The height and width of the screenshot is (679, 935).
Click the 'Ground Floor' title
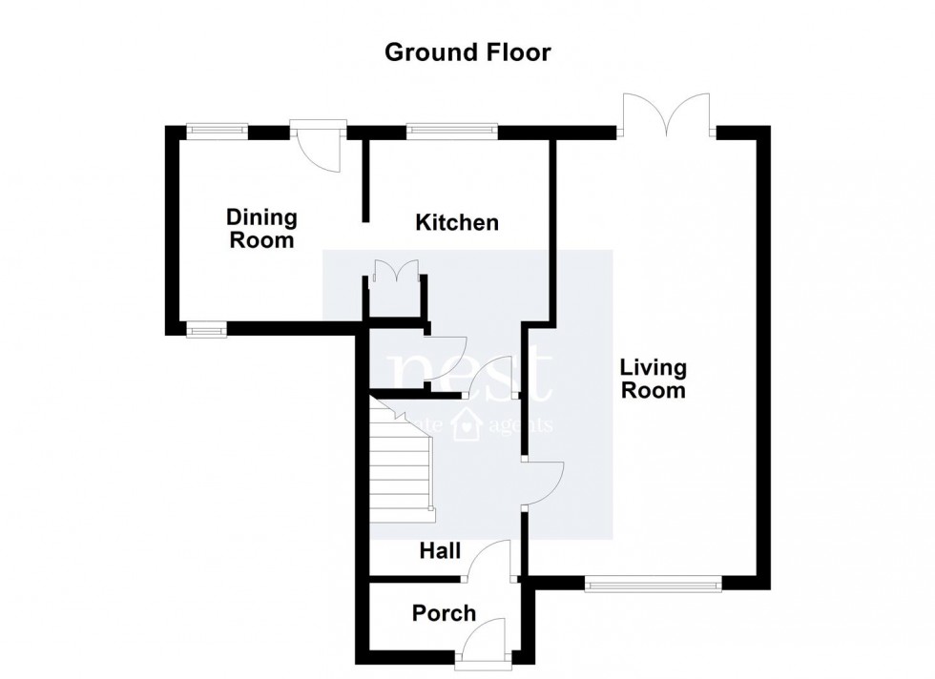pos(467,52)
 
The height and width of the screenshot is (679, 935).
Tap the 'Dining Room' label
pos(261,230)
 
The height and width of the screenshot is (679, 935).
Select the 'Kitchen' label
pos(457,223)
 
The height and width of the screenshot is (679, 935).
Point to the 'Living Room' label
pos(653,379)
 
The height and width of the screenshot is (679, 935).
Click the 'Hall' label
pos(441,551)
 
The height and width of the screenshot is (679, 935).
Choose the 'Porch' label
pos(444,613)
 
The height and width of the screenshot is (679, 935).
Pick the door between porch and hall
pos(490,562)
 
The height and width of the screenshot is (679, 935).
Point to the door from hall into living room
pos(544,482)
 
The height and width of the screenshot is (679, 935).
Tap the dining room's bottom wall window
pos(203,330)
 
